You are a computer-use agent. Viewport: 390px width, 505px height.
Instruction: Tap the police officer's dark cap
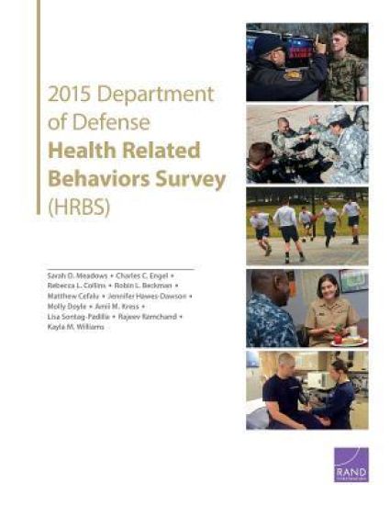pos(272,41)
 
